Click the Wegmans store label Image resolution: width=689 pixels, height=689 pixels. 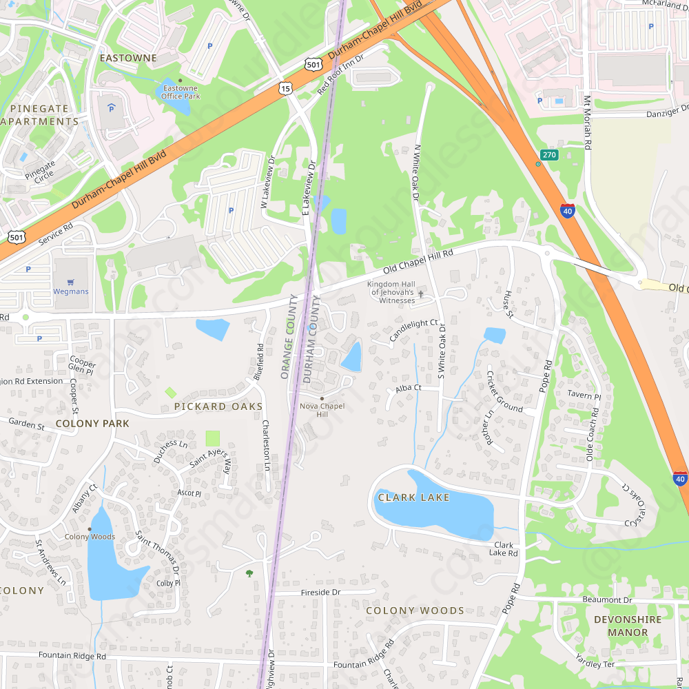[x=71, y=291]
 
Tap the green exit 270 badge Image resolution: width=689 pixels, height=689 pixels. [x=548, y=155]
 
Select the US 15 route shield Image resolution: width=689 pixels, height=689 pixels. [x=285, y=88]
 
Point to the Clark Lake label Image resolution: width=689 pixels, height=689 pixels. [x=413, y=497]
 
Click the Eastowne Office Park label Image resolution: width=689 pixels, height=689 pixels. [x=180, y=92]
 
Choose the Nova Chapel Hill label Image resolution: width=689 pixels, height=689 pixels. [x=322, y=409]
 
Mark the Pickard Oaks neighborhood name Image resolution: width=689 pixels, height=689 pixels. [x=218, y=407]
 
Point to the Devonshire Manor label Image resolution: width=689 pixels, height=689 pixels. [x=628, y=626]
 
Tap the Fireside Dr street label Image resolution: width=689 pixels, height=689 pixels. [x=321, y=593]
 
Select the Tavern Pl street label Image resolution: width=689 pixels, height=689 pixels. [x=584, y=395]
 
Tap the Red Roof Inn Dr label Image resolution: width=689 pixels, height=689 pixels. [x=340, y=74]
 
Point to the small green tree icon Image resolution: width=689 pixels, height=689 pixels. [x=249, y=573]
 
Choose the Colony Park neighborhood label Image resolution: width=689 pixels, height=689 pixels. [x=92, y=424]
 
